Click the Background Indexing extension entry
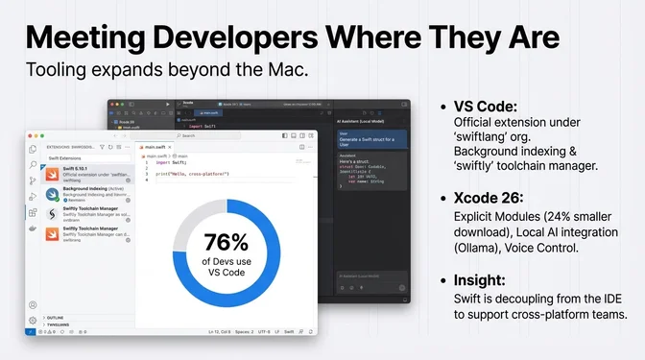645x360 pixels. (x=86, y=193)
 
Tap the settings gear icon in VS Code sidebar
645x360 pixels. (x=33, y=320)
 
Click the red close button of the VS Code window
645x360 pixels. (x=31, y=136)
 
